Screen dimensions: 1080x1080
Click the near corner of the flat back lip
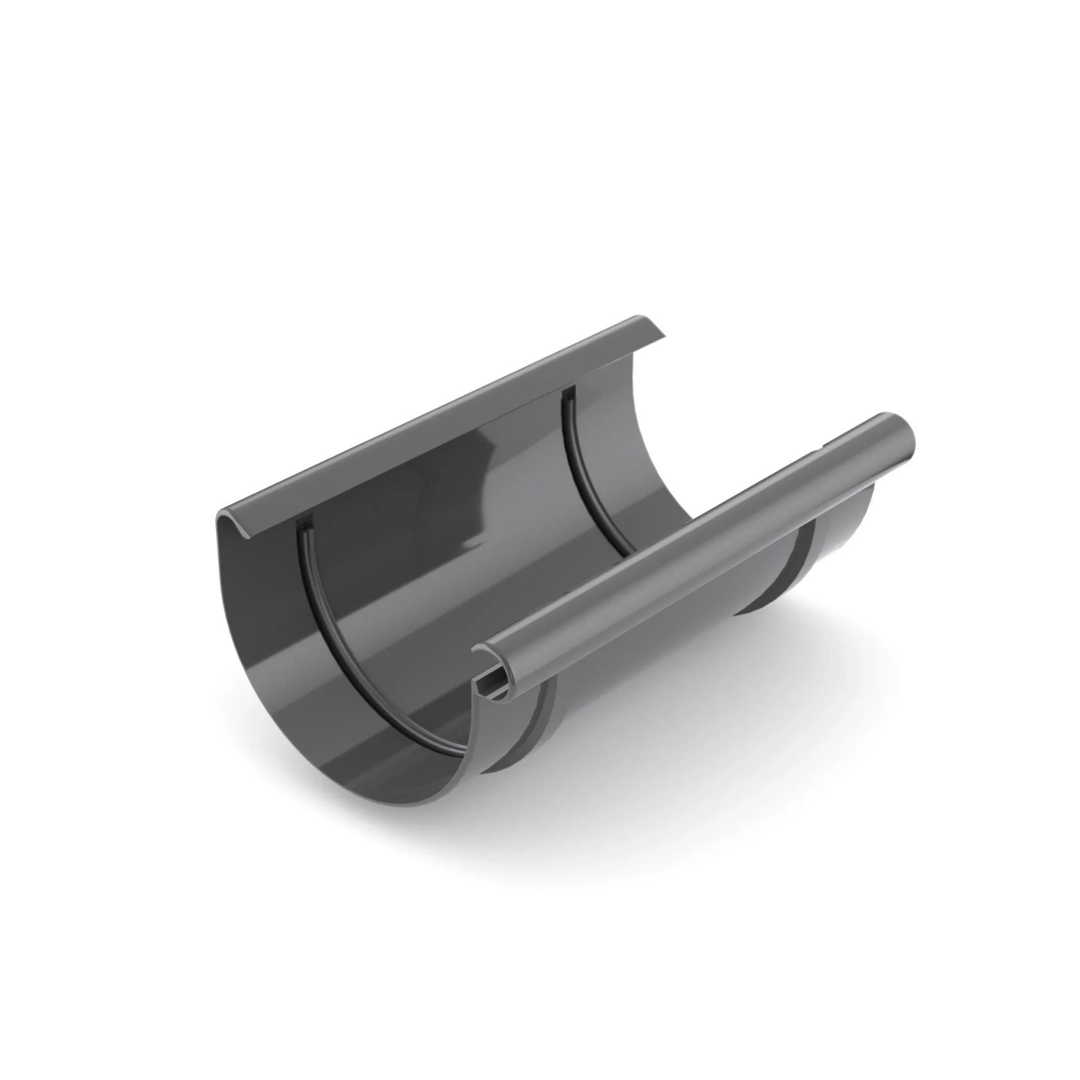point(233,516)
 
